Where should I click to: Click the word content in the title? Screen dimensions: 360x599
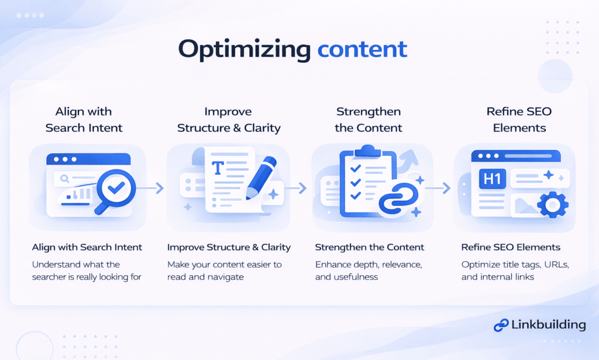[362, 49]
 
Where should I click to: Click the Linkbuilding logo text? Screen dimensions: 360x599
[548, 324]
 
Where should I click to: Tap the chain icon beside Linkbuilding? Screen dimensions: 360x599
[501, 325]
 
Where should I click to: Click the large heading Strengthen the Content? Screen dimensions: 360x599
[369, 120]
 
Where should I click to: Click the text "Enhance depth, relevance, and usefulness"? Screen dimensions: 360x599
[369, 270]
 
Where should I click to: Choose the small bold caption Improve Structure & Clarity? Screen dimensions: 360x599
[229, 247]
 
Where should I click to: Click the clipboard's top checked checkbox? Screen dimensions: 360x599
[354, 169]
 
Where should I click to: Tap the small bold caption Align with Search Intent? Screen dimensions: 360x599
[87, 247]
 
